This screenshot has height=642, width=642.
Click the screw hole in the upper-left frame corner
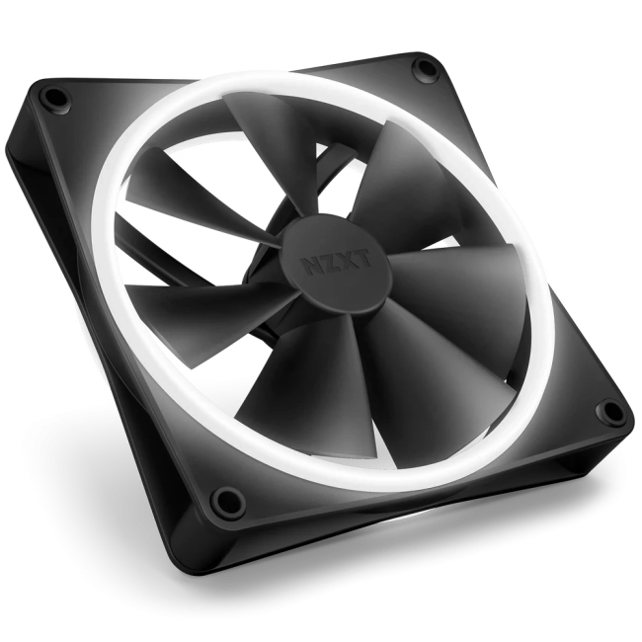53,96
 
